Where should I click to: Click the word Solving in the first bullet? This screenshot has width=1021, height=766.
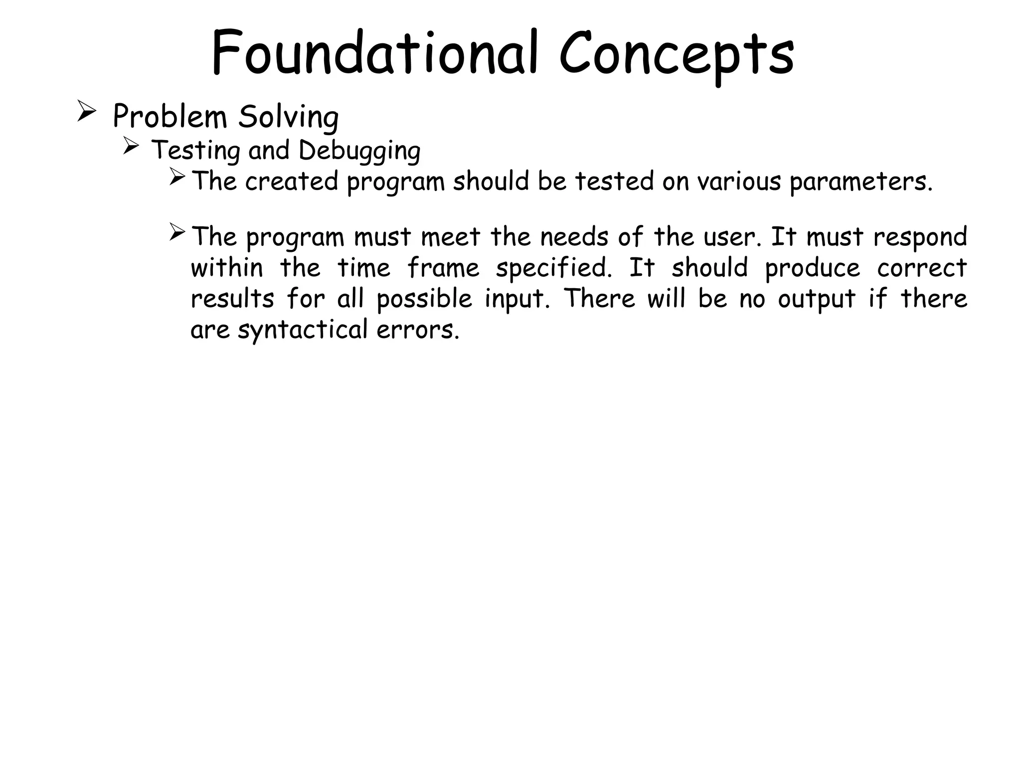click(288, 118)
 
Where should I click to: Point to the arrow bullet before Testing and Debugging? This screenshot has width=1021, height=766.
click(131, 146)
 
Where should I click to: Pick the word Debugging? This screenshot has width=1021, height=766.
click(359, 151)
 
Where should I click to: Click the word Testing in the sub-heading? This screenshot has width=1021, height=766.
click(195, 151)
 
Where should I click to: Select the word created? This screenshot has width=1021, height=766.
click(292, 181)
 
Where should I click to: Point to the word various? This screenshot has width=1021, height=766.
click(738, 181)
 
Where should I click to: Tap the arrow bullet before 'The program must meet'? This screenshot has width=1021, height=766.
click(177, 232)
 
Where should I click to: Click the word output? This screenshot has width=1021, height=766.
click(817, 300)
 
